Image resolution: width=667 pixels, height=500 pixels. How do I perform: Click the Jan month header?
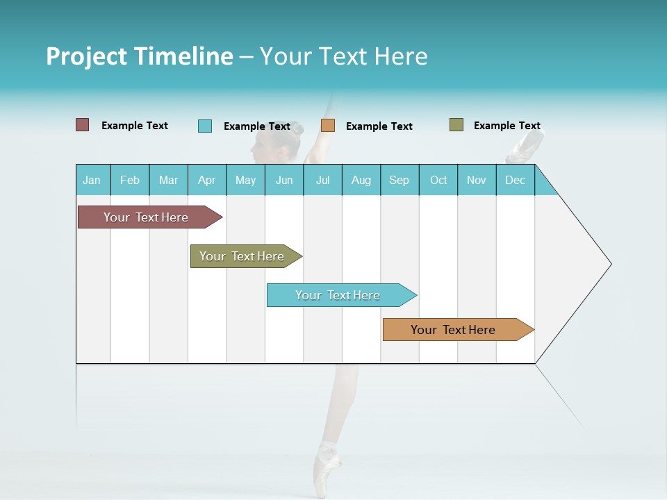coord(92,180)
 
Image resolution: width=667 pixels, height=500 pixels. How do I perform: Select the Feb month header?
coord(130,180)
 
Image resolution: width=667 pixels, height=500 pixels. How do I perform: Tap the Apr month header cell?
coord(207,180)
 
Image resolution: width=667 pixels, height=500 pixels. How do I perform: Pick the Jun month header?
coord(284,180)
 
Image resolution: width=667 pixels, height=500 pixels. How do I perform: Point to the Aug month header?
coord(361,180)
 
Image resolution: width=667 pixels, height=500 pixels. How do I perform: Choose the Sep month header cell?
coord(400,180)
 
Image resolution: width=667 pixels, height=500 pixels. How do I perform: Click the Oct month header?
coord(438,180)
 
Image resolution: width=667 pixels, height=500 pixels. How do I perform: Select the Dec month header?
coord(516,180)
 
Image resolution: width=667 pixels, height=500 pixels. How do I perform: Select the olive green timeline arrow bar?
coord(244,256)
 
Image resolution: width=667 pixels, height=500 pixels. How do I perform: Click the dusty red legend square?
coord(83,125)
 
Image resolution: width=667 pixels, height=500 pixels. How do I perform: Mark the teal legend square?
coord(205,126)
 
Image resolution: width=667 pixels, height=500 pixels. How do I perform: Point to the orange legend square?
coord(328,126)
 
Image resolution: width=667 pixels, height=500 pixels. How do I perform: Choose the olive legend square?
coord(456,125)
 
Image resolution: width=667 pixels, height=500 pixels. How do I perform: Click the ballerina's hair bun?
coord(297,128)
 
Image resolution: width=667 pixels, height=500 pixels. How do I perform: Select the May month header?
coord(245,180)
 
